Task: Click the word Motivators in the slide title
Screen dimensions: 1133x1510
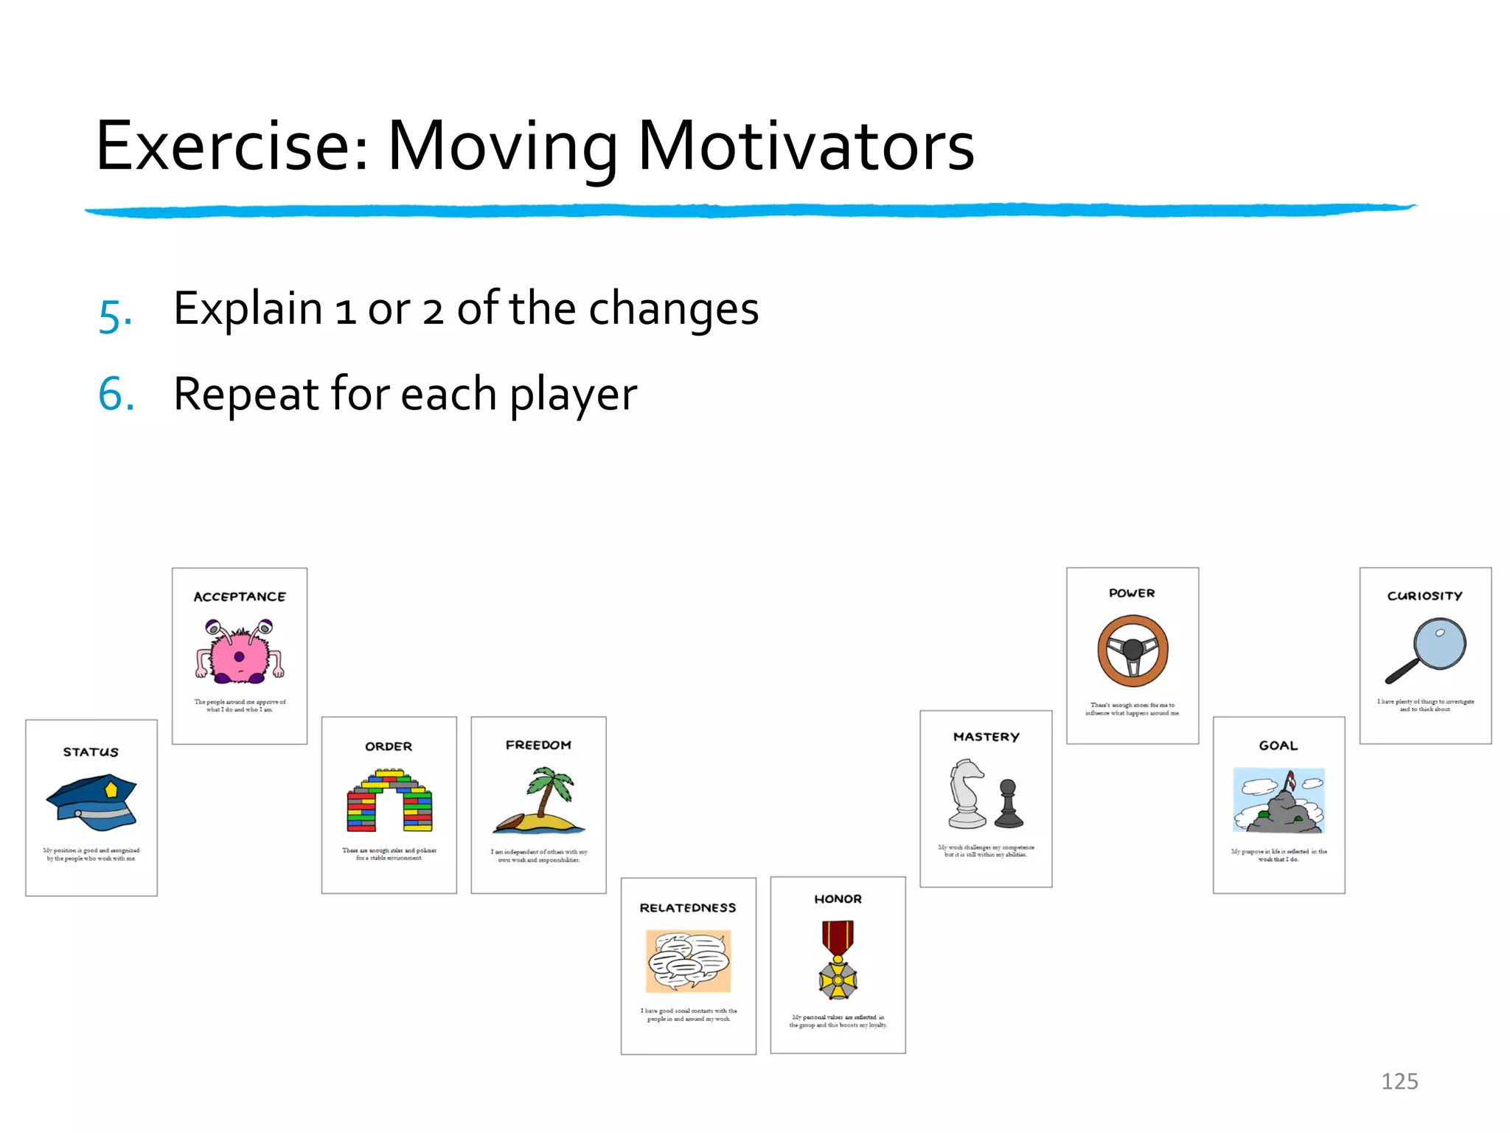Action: click(805, 147)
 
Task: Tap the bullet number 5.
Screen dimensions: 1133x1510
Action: click(115, 316)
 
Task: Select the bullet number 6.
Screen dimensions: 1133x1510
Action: click(116, 394)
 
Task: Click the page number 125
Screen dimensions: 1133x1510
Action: click(1399, 1081)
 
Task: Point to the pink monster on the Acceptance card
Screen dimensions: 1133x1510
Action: click(239, 652)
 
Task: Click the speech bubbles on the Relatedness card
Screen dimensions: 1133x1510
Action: click(689, 960)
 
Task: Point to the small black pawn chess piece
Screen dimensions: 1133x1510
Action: click(1008, 805)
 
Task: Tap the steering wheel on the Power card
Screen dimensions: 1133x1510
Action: click(1132, 651)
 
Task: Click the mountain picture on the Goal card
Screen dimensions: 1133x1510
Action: click(1278, 801)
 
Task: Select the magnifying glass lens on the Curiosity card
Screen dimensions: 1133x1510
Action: click(1439, 643)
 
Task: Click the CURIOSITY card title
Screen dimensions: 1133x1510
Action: click(1424, 596)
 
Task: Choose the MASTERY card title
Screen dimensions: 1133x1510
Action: click(986, 737)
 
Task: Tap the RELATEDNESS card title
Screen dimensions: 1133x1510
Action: click(687, 908)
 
